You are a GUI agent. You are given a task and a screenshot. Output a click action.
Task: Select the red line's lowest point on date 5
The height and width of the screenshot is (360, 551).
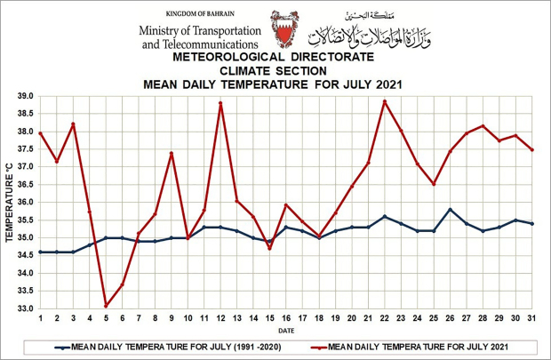[106, 306]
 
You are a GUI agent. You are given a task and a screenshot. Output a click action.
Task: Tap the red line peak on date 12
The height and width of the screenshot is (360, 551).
[220, 103]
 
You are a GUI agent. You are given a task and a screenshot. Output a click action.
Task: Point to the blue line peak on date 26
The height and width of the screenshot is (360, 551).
[451, 209]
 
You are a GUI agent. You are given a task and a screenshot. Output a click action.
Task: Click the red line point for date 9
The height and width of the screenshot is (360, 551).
[171, 154]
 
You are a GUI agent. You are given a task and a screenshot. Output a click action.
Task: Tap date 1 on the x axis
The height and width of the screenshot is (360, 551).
[41, 318]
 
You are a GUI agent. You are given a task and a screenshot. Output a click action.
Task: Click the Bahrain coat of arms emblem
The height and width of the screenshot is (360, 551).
[286, 29]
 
